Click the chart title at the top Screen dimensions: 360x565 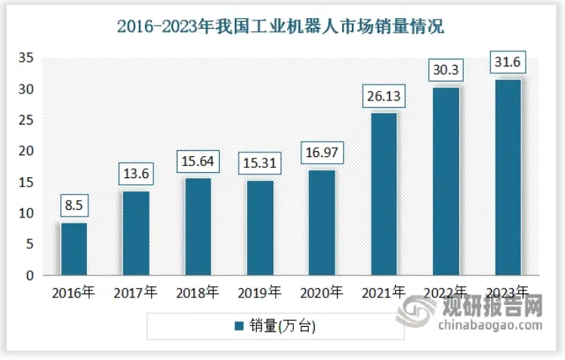(282, 27)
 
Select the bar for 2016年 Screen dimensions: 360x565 (74, 249)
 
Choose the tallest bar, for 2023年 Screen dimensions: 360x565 (508, 177)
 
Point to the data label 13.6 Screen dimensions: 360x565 (136, 174)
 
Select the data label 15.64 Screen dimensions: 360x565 (198, 162)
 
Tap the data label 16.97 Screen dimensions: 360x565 (322, 153)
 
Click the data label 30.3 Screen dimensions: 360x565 (446, 70)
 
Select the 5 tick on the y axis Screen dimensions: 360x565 (29, 245)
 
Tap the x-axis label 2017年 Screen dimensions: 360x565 (136, 293)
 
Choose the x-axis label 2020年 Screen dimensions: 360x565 (322, 293)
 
